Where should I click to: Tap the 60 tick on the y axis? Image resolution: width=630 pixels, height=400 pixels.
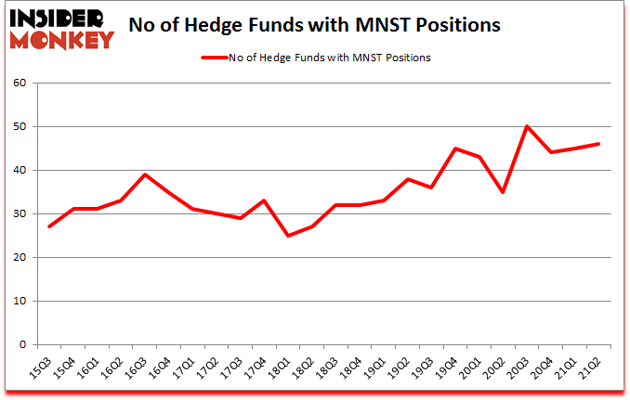[20, 84]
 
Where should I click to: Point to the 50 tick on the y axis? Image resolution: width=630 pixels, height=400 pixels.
[20, 127]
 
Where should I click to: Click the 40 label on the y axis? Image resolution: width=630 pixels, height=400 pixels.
[20, 171]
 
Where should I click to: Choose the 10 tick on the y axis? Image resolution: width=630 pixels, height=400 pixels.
[20, 302]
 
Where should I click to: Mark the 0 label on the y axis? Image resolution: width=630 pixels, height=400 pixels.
[23, 345]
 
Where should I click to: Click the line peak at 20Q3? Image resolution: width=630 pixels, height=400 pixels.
[527, 126]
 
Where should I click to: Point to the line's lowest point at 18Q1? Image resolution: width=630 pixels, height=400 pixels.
[288, 236]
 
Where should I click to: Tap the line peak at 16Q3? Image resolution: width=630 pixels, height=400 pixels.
[145, 174]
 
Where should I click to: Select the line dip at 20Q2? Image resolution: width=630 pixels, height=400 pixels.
[503, 192]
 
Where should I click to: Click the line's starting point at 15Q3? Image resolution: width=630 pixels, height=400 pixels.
[49, 226]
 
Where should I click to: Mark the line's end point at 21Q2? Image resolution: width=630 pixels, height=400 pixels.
[598, 144]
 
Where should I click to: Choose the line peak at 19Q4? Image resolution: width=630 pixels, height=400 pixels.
[455, 148]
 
